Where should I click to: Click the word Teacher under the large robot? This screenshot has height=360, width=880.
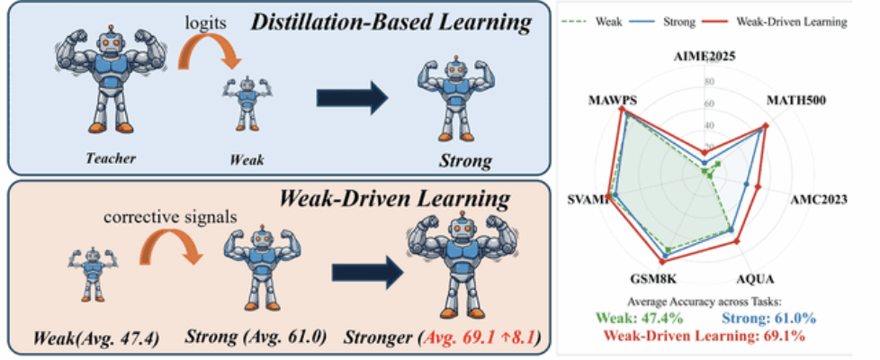(x=111, y=159)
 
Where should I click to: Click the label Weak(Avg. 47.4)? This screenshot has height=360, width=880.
(x=83, y=340)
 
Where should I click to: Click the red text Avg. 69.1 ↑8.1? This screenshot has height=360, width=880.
(x=481, y=340)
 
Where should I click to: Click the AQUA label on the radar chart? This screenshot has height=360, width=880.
(x=754, y=278)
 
